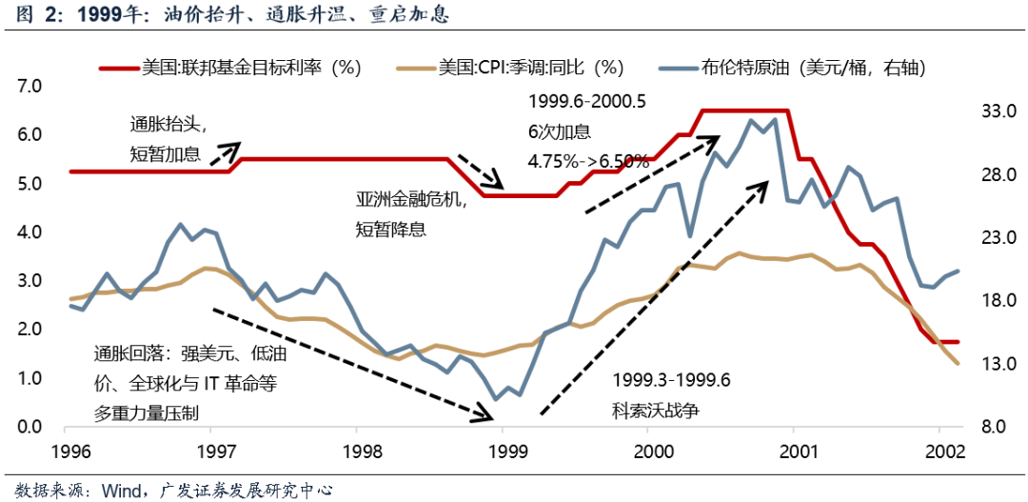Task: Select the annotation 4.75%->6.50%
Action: pos(588,161)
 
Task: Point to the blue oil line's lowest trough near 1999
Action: pos(495,398)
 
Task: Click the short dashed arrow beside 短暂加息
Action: pos(225,151)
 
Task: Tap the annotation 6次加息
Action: pos(559,131)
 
